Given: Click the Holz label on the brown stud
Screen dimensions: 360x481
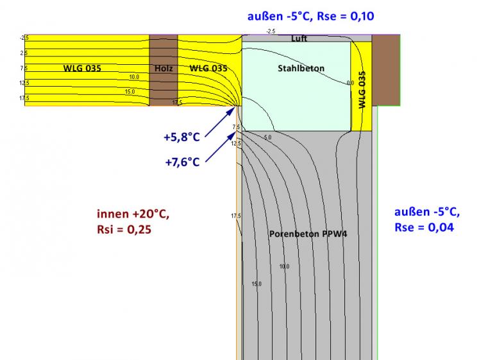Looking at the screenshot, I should (164, 68).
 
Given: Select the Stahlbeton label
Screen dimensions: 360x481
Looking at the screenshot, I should (301, 68).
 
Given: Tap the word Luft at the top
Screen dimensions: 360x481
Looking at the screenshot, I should (299, 39).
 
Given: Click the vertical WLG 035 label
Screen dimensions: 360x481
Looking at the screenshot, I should (362, 90).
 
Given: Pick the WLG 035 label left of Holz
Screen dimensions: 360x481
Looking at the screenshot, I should (82, 68).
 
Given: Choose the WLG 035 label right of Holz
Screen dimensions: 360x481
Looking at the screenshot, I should (208, 68).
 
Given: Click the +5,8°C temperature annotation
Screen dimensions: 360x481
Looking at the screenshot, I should (181, 137).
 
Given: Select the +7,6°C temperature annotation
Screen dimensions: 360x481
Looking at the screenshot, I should (182, 162).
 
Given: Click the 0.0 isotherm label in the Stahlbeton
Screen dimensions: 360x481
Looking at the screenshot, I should (350, 83).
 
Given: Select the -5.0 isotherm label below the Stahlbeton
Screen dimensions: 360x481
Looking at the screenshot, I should (267, 137).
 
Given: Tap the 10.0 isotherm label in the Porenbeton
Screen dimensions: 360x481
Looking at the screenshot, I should (283, 266).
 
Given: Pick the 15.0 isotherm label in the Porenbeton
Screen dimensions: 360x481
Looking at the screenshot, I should (257, 284).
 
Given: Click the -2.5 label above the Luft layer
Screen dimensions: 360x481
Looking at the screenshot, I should (271, 31).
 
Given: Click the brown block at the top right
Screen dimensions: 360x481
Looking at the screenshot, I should (386, 69).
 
